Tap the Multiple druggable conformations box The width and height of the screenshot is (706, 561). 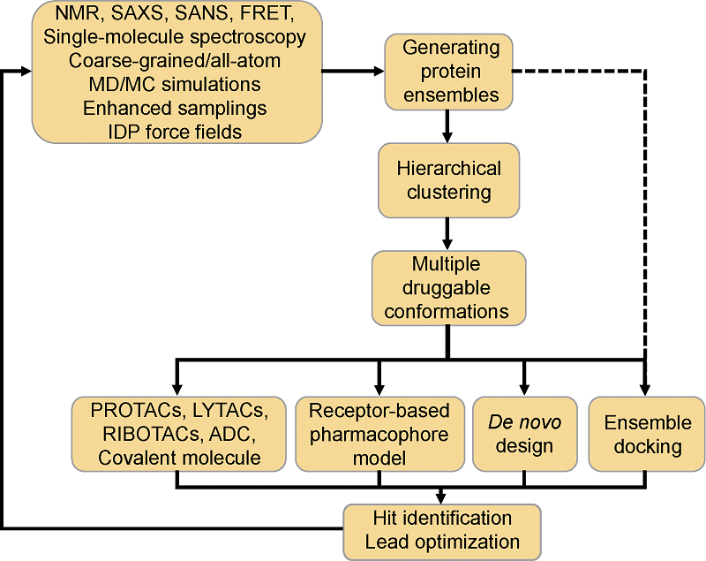(x=448, y=287)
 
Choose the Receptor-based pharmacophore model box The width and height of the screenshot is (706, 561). (x=379, y=434)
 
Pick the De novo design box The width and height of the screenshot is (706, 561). (x=524, y=434)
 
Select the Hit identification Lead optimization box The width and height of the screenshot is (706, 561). (x=441, y=529)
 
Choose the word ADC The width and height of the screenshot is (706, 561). (x=237, y=434)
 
